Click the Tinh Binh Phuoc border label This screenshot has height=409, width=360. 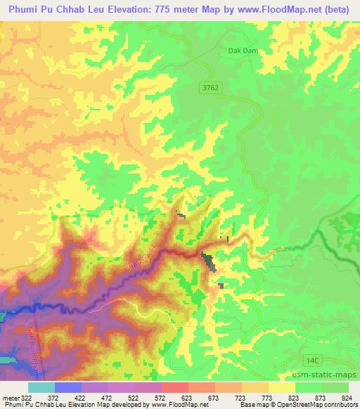click(31, 337)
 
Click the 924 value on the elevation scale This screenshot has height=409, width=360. click(347, 398)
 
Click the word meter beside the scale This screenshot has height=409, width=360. click(8, 398)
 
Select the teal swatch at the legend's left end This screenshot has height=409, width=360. click(41, 387)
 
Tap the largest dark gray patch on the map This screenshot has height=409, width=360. click(209, 261)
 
